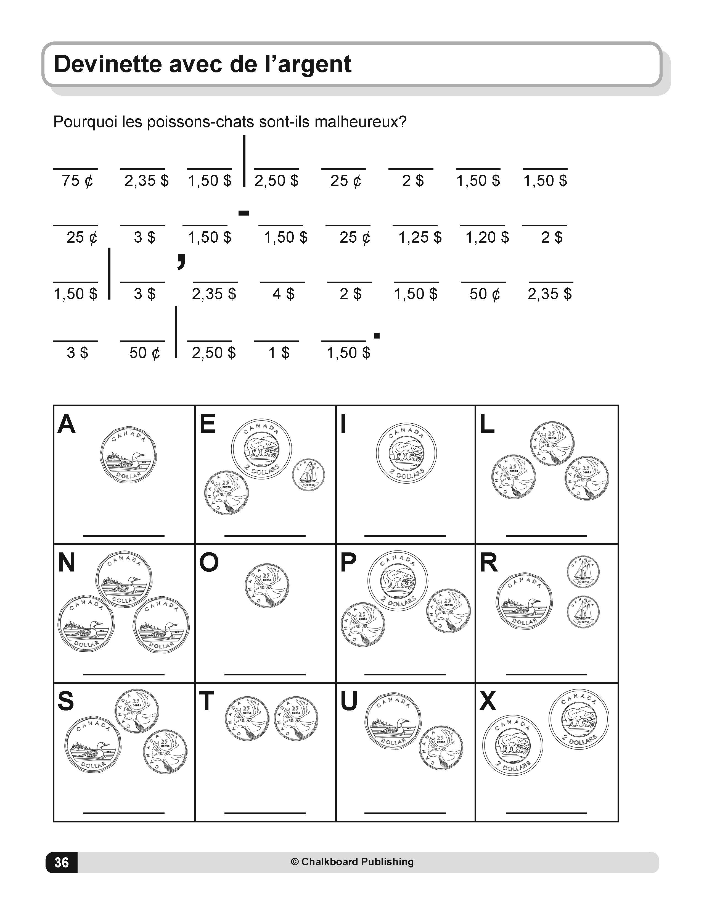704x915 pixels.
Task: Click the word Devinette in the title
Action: (108, 64)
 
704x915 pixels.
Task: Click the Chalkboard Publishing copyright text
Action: (352, 862)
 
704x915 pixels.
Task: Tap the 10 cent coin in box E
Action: (308, 475)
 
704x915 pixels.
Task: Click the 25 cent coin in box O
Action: (267, 585)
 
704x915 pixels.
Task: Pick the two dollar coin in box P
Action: (398, 581)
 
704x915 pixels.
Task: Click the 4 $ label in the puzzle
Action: (283, 294)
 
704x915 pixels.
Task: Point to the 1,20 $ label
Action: (487, 238)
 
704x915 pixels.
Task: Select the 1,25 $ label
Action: (420, 238)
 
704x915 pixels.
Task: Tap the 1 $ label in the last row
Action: (279, 353)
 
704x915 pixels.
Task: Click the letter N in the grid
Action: (67, 563)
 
